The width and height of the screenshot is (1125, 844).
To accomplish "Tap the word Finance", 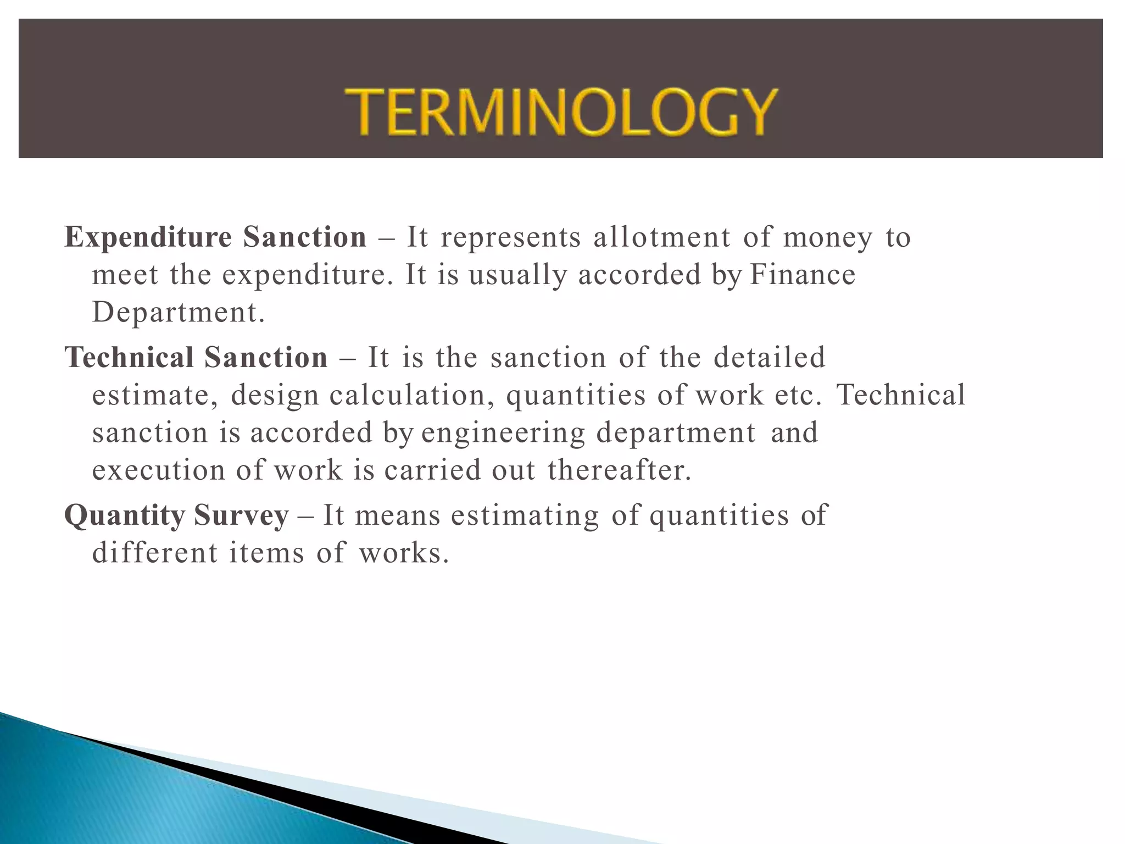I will point(803,274).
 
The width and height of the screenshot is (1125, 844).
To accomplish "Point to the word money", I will point(827,238).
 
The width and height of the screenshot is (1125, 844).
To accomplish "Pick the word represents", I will point(510,238).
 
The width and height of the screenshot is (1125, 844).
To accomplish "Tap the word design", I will point(275,396).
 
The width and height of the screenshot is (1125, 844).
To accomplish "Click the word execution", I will point(158,470).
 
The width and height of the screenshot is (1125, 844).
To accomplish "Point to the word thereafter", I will point(619,470).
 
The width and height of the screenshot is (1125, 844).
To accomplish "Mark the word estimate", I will point(151,395).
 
